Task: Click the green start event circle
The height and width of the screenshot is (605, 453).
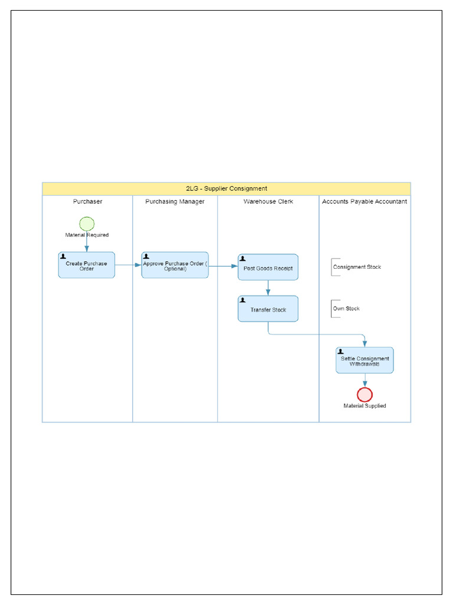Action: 87,223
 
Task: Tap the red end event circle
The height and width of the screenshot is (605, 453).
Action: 365,395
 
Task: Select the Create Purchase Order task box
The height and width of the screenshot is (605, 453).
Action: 87,265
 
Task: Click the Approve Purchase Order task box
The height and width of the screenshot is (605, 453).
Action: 175,265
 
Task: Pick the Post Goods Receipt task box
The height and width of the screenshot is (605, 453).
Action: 268,268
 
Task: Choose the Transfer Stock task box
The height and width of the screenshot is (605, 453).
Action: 268,309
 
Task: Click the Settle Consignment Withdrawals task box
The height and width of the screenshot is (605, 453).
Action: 365,360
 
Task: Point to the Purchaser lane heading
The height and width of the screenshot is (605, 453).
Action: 87,201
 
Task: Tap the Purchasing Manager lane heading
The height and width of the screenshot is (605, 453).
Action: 175,201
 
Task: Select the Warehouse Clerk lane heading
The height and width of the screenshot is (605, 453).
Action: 268,201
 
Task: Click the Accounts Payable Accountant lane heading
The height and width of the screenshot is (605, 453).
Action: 365,201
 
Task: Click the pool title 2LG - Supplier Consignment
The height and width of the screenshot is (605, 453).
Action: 226,188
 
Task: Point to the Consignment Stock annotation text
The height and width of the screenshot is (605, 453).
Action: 357,267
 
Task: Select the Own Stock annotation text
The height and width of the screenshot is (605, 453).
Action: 346,308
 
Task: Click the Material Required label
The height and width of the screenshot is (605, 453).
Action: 87,235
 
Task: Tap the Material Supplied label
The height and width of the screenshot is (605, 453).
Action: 365,406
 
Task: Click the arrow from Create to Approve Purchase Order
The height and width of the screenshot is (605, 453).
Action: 128,265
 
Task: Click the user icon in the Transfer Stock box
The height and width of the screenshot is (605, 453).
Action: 242,300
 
